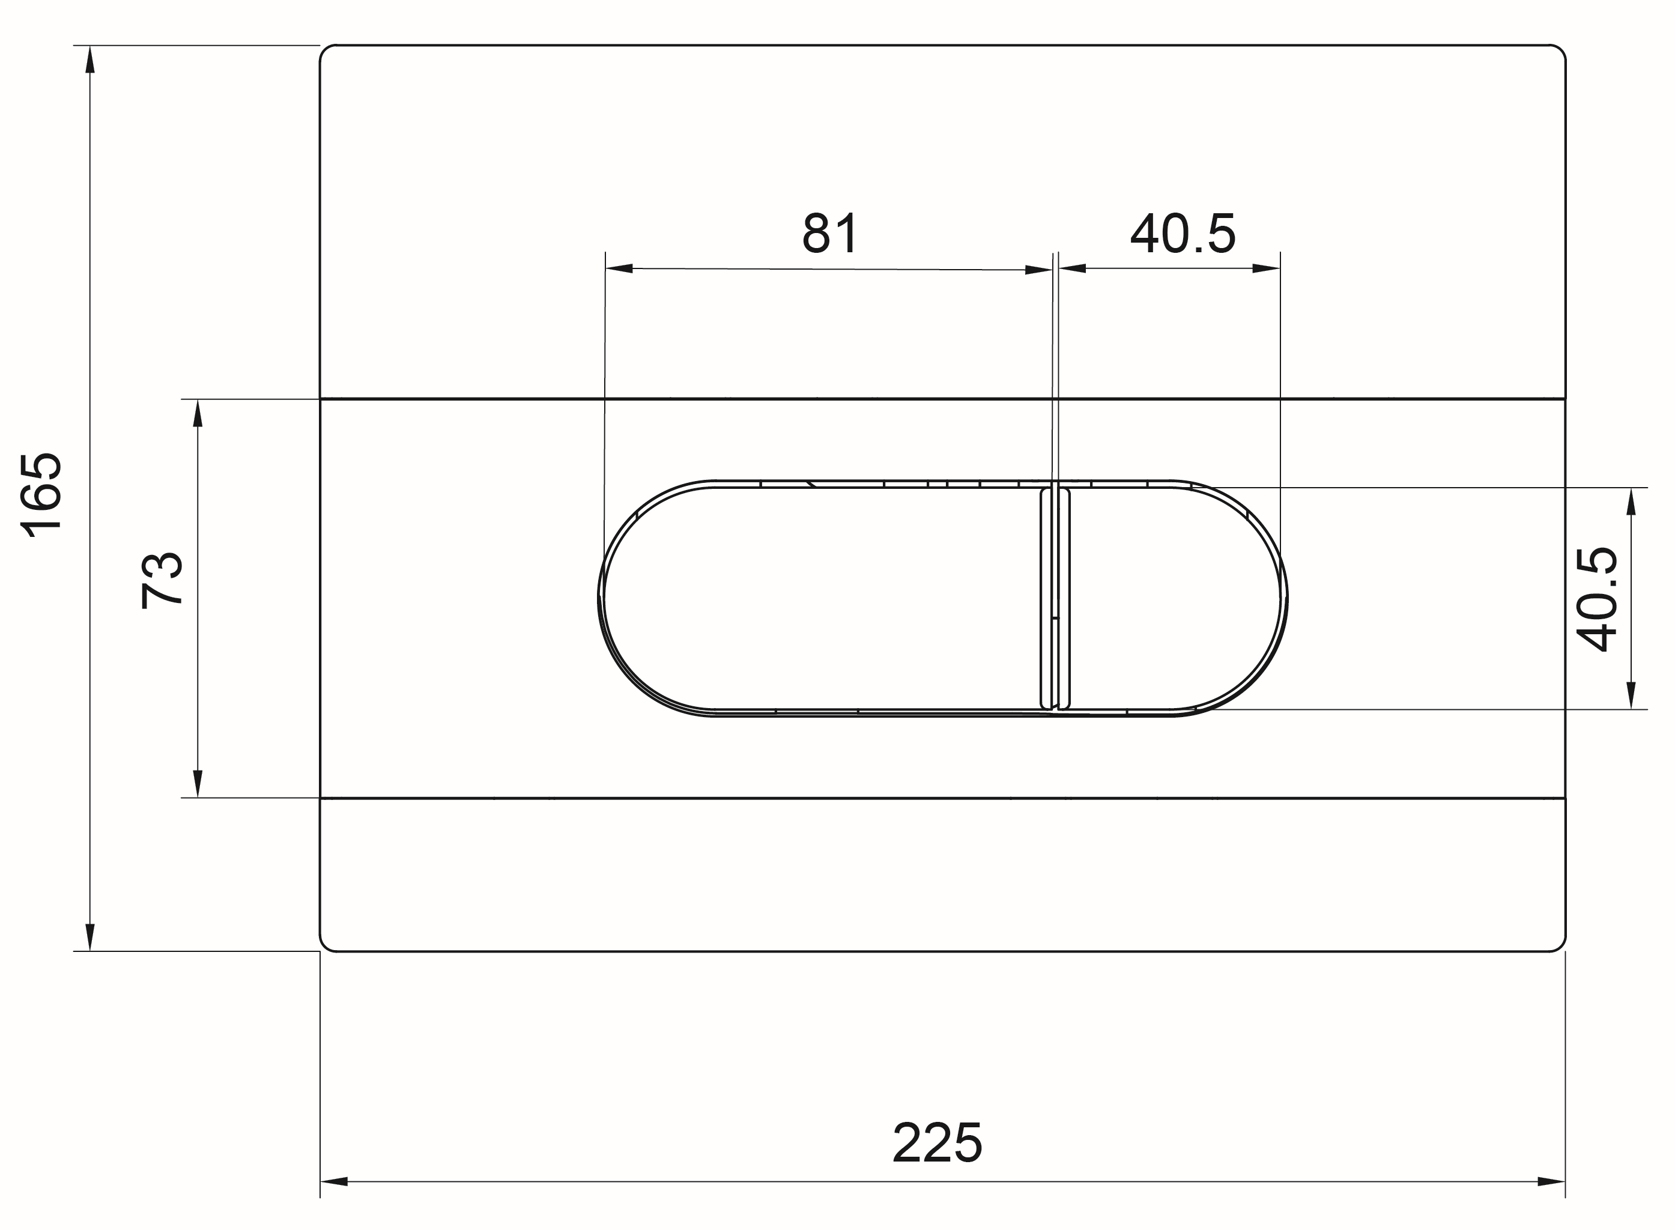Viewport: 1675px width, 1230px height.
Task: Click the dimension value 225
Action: point(936,1143)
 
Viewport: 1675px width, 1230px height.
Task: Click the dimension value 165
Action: point(41,494)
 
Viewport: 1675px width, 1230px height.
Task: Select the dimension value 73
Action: point(162,581)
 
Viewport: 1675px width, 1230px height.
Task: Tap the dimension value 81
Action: point(830,233)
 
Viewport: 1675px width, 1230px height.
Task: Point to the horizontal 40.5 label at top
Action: point(1182,233)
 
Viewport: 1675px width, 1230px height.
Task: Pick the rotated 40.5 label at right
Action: point(1598,599)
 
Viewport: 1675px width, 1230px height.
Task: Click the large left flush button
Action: point(819,599)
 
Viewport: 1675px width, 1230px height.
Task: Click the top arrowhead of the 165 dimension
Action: point(90,59)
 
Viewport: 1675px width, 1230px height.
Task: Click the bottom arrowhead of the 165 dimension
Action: point(90,937)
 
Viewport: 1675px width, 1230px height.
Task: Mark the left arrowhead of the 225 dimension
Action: point(335,1181)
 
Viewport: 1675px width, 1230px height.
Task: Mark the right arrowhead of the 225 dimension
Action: point(1551,1181)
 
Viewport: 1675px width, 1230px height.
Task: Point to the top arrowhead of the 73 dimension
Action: point(197,413)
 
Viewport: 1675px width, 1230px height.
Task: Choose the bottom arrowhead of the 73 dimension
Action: point(197,783)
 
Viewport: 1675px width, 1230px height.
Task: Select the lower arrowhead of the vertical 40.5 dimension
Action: point(1631,695)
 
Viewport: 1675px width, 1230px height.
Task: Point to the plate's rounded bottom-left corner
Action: point(326,945)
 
